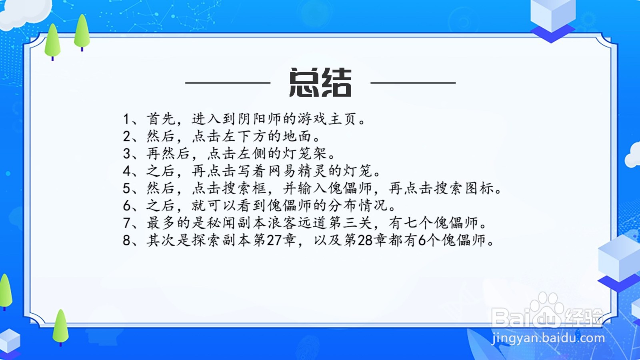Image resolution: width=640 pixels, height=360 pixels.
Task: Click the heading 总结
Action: pyautogui.click(x=320, y=83)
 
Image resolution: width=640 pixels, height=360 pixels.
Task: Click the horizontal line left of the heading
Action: pyautogui.click(x=228, y=83)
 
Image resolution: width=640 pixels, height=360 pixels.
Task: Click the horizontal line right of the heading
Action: pyautogui.click(x=413, y=83)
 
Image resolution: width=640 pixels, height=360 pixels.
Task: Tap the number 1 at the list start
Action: pyautogui.click(x=126, y=119)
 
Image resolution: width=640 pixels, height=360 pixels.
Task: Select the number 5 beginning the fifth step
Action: pyautogui.click(x=126, y=188)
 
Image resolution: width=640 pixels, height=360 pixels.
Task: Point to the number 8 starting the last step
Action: pyautogui.click(x=126, y=240)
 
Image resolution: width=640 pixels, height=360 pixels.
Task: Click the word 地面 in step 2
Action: pyautogui.click(x=297, y=136)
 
